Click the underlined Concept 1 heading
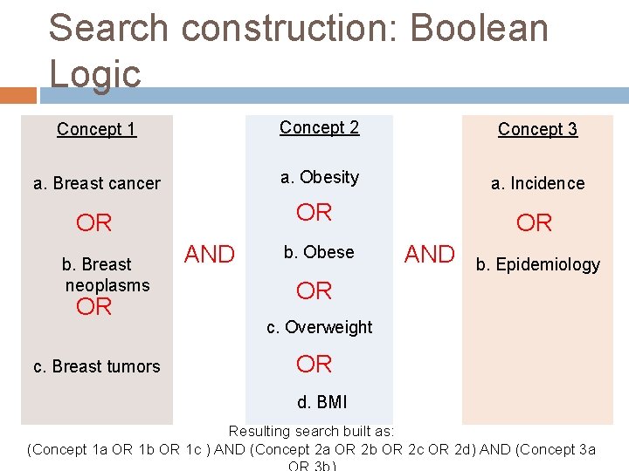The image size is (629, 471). click(96, 130)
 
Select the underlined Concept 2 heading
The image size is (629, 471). click(319, 127)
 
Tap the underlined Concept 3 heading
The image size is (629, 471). click(537, 130)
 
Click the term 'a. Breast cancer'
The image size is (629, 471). click(97, 183)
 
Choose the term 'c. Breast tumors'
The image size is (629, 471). click(97, 366)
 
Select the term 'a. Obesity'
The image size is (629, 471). click(320, 177)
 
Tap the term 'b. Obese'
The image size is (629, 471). click(318, 252)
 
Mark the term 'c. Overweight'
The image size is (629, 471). click(320, 327)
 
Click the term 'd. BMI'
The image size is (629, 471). click(321, 402)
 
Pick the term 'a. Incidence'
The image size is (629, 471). click(537, 183)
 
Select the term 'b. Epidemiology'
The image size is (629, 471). click(538, 264)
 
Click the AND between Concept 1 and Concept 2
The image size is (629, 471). click(210, 254)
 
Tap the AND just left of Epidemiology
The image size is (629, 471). click(429, 254)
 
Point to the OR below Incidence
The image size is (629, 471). click(534, 223)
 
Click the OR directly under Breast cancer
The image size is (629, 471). click(94, 223)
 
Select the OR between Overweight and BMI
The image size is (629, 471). click(314, 364)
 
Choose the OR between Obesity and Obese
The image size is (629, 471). click(314, 212)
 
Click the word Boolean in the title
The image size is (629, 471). click(479, 28)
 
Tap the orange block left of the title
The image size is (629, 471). click(18, 94)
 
